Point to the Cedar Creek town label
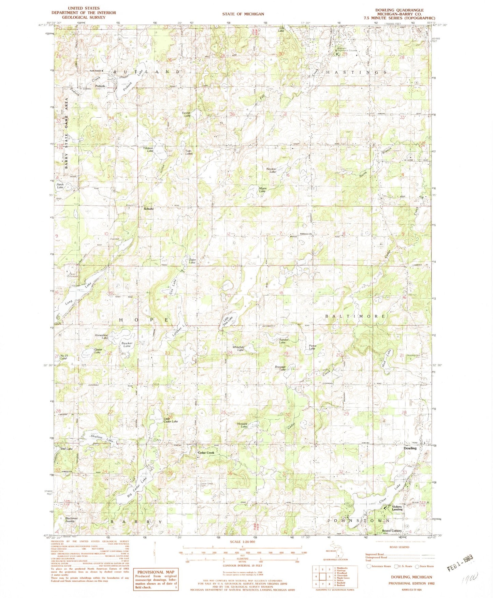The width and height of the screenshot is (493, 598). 206,453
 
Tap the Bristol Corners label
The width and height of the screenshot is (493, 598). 391,531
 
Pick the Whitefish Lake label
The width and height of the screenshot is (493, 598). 238,348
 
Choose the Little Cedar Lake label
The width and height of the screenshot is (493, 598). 171,420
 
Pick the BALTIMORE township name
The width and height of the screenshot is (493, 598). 356,316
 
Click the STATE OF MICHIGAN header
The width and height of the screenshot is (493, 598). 243,14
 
